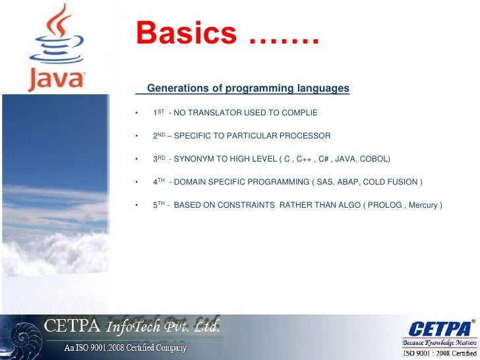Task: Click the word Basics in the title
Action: (x=186, y=33)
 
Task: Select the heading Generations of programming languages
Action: (x=248, y=88)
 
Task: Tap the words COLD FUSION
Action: (x=392, y=182)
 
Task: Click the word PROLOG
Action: (x=385, y=205)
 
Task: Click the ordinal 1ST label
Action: (x=158, y=113)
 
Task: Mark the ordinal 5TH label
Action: (x=159, y=205)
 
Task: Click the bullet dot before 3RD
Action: (x=136, y=160)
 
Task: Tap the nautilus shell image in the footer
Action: (x=20, y=337)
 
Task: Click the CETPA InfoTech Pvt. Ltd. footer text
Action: (x=132, y=326)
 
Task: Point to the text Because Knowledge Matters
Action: (x=440, y=344)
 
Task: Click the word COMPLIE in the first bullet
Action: (x=299, y=113)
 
